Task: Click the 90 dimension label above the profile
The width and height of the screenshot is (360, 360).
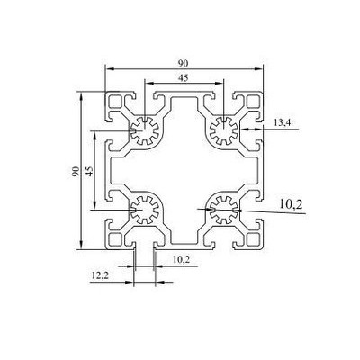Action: (184, 62)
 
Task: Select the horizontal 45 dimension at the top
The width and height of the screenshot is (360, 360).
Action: (184, 78)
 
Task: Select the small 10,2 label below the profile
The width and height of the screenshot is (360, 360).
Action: (180, 260)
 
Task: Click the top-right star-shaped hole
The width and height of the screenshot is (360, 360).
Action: (221, 133)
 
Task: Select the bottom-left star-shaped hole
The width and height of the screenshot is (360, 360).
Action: (142, 212)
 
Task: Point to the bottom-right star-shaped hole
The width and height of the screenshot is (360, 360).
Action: (221, 212)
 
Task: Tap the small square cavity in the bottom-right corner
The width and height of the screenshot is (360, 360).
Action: (249, 238)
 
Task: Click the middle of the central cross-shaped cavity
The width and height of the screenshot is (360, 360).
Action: (183, 172)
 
